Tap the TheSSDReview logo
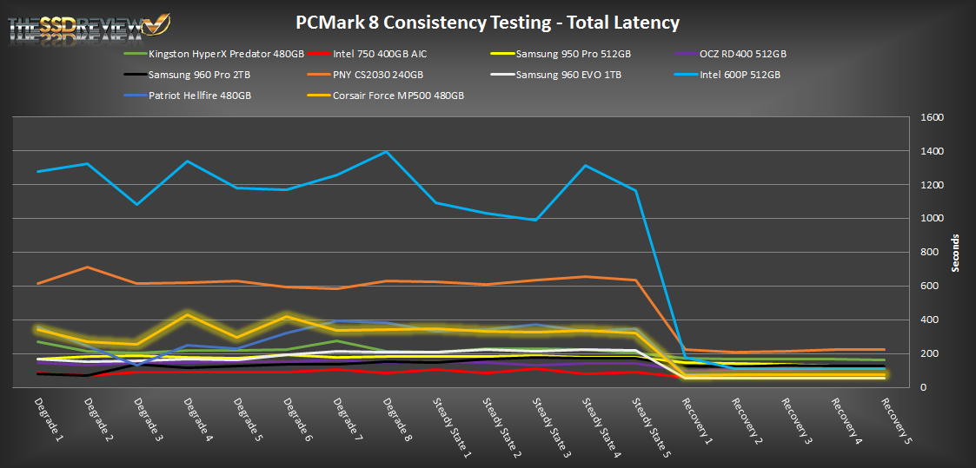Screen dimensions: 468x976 (x=88, y=29)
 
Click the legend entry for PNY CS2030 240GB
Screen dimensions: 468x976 (x=377, y=75)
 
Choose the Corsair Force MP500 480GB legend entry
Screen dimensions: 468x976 (x=397, y=96)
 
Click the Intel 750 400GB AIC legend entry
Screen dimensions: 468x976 (x=379, y=54)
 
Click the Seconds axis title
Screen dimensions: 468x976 (x=956, y=253)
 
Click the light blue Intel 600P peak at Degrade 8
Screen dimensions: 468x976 (x=386, y=152)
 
